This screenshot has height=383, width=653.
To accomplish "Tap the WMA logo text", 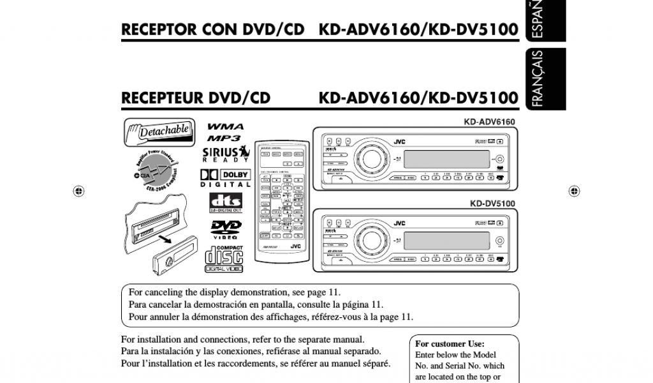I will coord(225,126).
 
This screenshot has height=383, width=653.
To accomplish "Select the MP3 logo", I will coord(224,138).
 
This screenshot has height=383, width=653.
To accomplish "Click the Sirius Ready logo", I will coord(225,155).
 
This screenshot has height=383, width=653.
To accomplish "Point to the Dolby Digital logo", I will coord(225,177).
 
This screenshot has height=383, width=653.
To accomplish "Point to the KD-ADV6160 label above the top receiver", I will coord(489,121).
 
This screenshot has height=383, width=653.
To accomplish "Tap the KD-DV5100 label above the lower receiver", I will coord(492,204).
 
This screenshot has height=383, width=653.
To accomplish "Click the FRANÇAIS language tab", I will coord(538,79).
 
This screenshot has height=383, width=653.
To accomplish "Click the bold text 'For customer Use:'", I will coord(450,343).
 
